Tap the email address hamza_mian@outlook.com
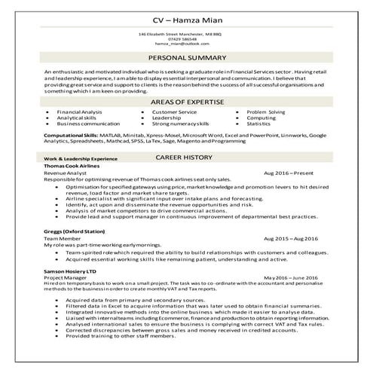[x=186, y=44]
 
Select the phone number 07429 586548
[x=186, y=39]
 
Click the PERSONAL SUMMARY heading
[x=186, y=57]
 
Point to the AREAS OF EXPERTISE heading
[x=186, y=102]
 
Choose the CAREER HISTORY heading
[x=186, y=159]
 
